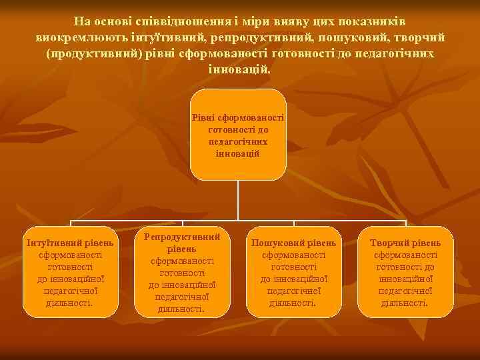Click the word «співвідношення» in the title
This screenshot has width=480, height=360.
point(173,21)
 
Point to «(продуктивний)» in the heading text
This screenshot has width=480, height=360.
point(91,53)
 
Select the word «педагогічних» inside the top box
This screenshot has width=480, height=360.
point(238,142)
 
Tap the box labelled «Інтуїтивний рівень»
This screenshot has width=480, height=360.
point(70,272)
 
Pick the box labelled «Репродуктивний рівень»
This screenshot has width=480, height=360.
point(182,272)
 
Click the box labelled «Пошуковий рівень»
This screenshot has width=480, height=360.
point(294,272)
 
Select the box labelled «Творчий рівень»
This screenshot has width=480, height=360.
point(406,272)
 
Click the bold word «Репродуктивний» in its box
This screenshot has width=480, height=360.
point(182,237)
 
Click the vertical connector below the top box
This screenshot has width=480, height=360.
point(238,200)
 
